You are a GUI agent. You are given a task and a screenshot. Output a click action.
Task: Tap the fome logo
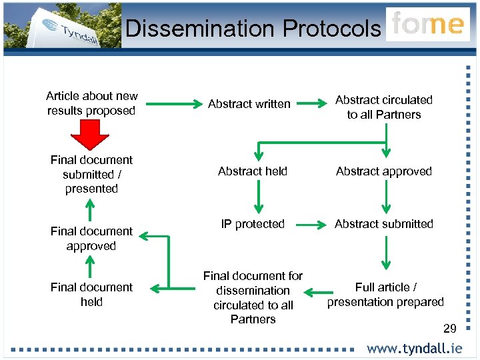coord(427,25)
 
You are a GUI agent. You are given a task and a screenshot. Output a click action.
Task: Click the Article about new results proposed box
coord(91,103)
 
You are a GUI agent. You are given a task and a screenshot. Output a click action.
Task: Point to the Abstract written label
coord(249,104)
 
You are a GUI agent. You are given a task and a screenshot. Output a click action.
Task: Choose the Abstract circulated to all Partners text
coord(384,107)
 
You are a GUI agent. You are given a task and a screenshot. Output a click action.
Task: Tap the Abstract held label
coord(253,171)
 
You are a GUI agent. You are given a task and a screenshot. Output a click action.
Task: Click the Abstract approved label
coord(384,171)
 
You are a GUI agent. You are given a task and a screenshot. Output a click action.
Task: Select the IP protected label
coord(253,224)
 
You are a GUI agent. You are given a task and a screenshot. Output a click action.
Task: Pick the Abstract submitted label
coord(384,224)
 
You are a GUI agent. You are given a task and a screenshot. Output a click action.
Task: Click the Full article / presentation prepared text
coord(385,295)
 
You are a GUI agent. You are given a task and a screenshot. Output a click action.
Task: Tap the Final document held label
coord(91,295)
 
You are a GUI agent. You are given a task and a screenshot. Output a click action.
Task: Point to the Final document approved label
coord(91,239)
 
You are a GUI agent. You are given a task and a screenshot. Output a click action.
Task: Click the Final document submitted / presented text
coord(91,174)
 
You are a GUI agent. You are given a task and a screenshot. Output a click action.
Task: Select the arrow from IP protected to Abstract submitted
coord(311,225)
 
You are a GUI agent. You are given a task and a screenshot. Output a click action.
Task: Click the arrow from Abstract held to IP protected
coord(259,197)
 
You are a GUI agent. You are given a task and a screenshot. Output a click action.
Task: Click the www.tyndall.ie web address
coord(414,349)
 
